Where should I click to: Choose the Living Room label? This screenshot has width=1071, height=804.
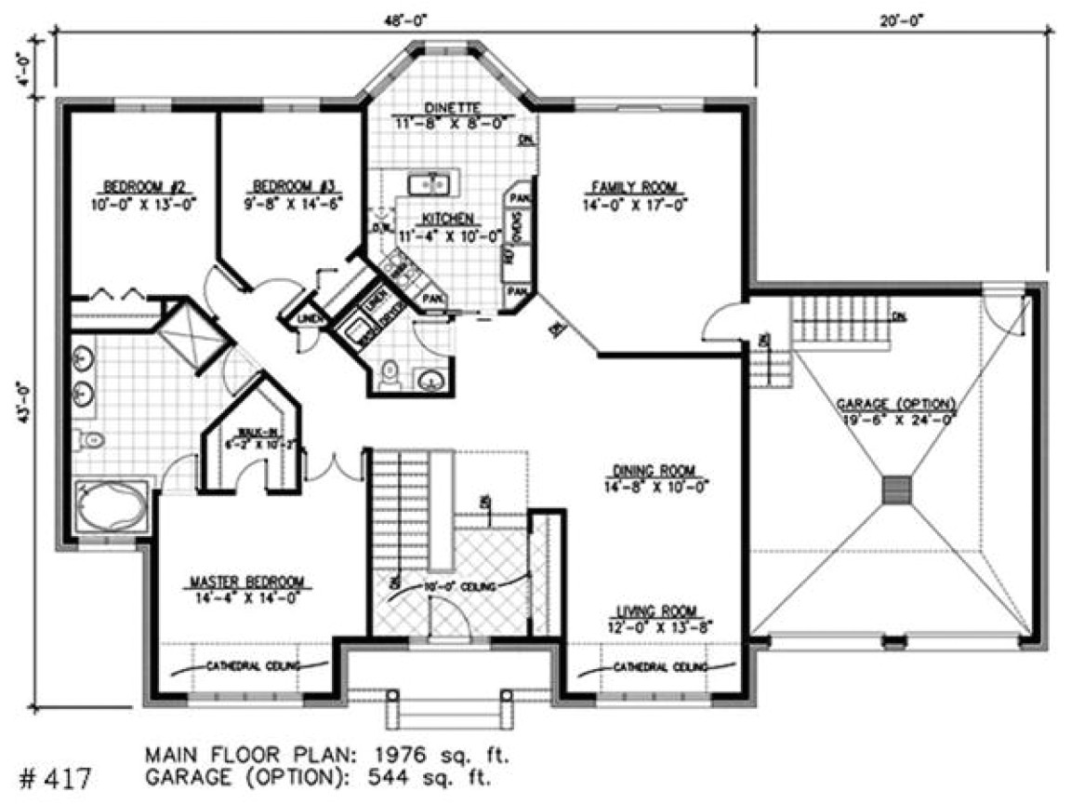click(x=657, y=611)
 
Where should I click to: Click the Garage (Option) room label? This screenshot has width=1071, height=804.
click(x=895, y=405)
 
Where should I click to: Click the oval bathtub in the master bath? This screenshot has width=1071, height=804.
click(x=110, y=508)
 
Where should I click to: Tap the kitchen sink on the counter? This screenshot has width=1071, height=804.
click(x=430, y=183)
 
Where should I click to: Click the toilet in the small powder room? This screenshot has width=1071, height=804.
click(x=390, y=374)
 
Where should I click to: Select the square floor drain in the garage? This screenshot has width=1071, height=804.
click(x=897, y=489)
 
